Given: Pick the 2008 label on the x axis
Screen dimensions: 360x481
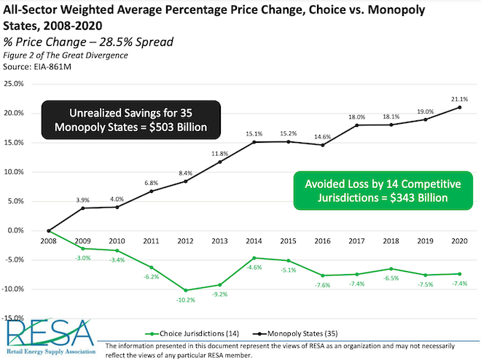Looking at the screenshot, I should click(48, 240).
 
